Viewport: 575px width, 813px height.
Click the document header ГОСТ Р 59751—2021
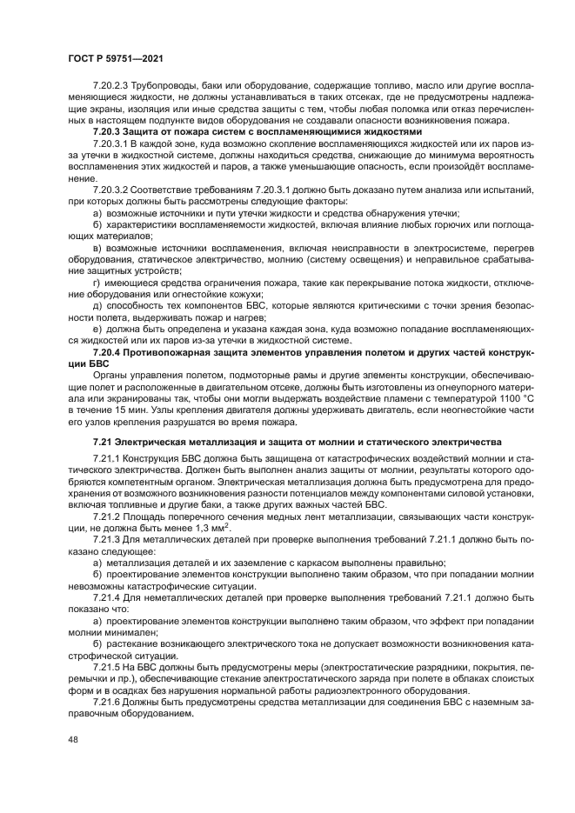[116, 58]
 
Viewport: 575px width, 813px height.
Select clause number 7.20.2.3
[110, 85]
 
